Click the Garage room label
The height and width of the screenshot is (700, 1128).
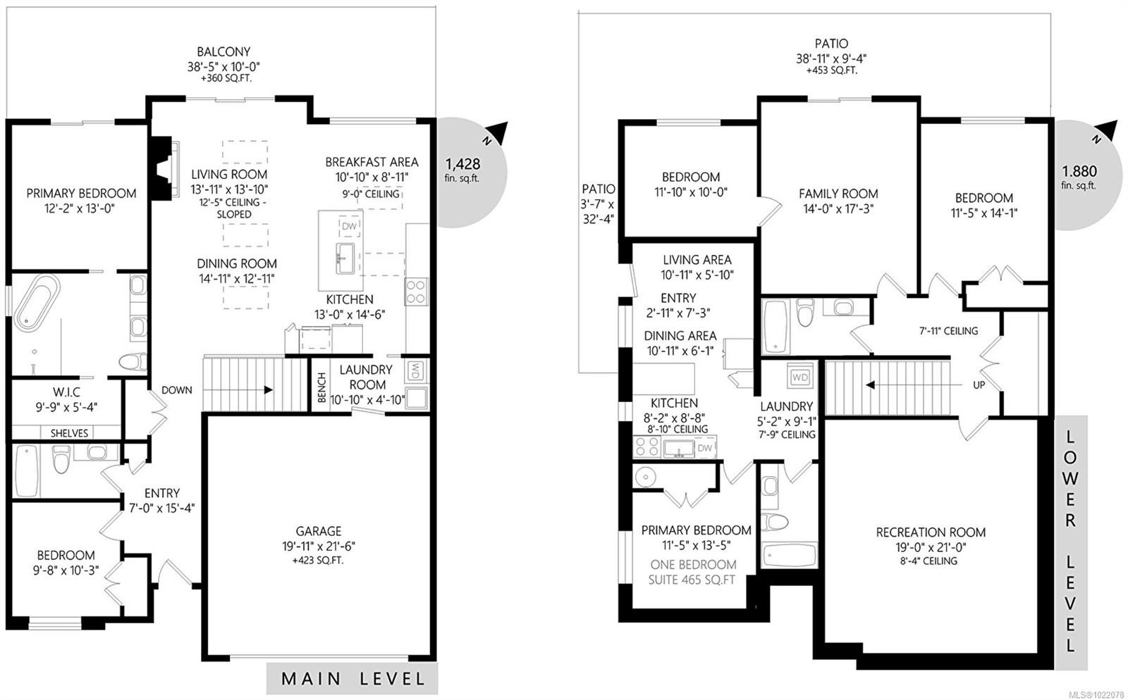point(319,532)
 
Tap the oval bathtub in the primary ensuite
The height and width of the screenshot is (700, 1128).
point(35,304)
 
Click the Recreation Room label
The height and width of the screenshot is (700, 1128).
point(931,532)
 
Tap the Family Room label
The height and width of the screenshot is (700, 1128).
point(838,194)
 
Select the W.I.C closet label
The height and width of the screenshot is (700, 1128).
point(66,392)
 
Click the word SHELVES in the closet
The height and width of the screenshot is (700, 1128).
point(69,433)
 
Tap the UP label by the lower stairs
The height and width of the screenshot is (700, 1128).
point(979,385)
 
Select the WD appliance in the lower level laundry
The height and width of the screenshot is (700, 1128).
point(800,377)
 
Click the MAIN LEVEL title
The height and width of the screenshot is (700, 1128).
point(353,679)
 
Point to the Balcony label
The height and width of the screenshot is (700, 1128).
point(223,51)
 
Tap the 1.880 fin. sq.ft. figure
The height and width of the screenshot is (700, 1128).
point(1079,171)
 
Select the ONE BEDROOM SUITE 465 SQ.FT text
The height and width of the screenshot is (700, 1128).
point(692,572)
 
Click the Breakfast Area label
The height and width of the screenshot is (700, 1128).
point(372,162)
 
